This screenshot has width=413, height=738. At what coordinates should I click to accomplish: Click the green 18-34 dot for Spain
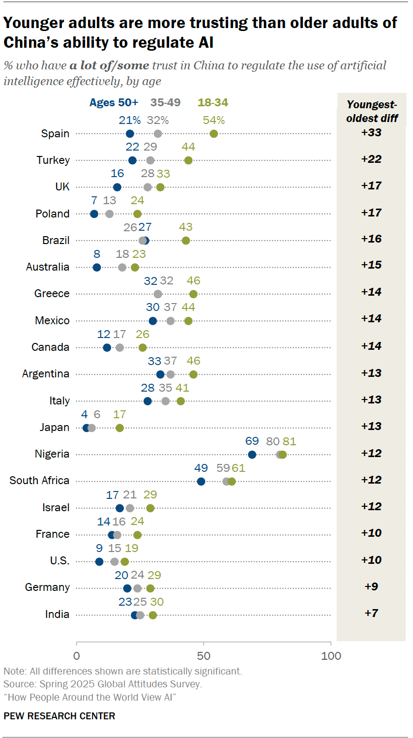(214, 134)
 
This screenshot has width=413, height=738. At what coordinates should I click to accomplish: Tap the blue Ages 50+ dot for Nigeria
(252, 455)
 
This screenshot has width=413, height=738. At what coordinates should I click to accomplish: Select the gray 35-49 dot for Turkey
(150, 160)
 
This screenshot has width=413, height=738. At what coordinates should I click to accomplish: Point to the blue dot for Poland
(94, 214)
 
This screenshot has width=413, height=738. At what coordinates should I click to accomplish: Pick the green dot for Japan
(119, 428)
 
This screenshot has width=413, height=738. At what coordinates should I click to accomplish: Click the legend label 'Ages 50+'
(114, 103)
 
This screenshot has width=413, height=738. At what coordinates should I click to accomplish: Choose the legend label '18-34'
(213, 103)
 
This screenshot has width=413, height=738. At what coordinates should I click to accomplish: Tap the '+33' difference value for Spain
(371, 133)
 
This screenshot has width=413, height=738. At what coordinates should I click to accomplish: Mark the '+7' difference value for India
(371, 614)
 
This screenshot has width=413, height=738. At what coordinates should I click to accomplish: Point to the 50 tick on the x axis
(204, 656)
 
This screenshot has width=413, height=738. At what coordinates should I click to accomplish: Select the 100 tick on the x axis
(331, 656)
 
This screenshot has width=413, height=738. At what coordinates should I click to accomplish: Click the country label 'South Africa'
(39, 481)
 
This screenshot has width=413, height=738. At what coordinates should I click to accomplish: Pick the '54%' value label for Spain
(214, 121)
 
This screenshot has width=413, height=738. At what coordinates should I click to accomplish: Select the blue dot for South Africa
(201, 481)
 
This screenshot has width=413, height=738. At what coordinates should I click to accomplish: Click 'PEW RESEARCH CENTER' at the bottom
(59, 716)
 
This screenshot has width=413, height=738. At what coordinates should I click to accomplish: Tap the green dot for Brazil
(186, 241)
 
